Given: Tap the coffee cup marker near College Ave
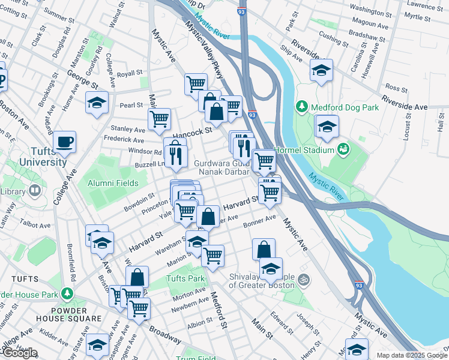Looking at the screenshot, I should (64, 143).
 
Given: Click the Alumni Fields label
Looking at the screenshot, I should (113, 183).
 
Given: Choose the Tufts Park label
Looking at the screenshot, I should (185, 278).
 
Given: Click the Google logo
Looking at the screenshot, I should (20, 353).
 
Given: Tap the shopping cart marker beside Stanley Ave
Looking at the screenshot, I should (159, 119).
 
